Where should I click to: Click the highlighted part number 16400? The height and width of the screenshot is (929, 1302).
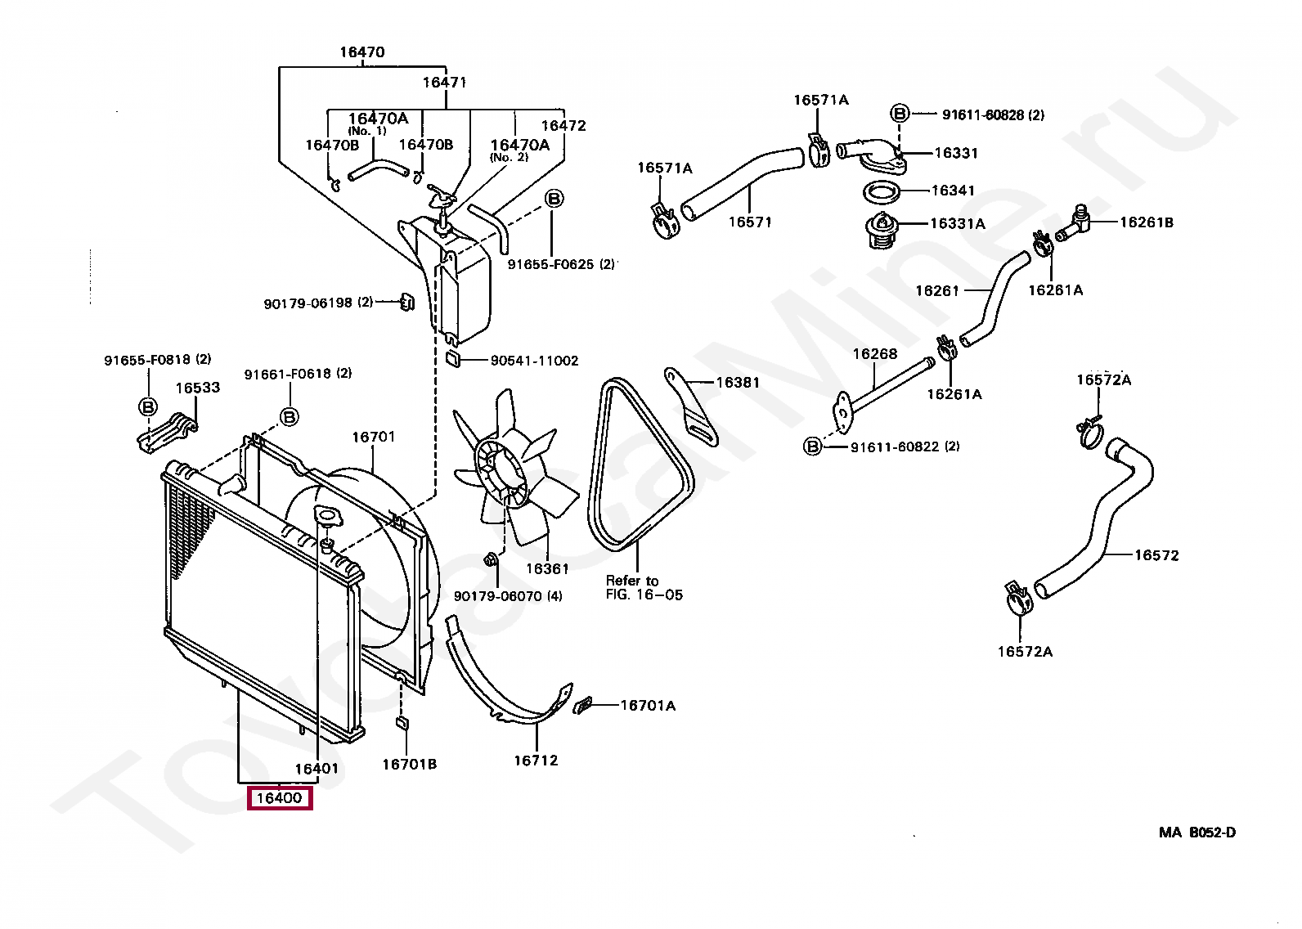(x=280, y=797)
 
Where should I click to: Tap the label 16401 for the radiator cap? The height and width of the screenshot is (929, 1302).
(x=317, y=769)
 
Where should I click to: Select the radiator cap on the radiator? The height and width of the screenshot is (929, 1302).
(x=328, y=516)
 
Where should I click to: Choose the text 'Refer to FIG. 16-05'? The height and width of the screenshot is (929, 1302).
(x=644, y=588)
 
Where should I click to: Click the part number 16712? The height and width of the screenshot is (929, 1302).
(x=536, y=761)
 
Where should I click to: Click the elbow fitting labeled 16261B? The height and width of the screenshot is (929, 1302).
(x=1073, y=222)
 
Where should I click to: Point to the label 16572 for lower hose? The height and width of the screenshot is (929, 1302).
(x=1156, y=555)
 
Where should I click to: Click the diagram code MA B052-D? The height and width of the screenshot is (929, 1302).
(x=1197, y=833)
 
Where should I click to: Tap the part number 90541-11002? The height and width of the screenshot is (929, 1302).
(x=534, y=361)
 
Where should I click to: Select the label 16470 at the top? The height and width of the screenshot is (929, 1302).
(x=362, y=52)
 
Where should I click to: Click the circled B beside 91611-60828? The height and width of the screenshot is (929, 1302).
(x=900, y=114)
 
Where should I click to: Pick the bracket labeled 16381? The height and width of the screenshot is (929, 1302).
(x=692, y=407)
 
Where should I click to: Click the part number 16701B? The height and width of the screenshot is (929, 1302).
(x=409, y=765)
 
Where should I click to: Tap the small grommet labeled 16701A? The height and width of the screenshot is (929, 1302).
(x=581, y=705)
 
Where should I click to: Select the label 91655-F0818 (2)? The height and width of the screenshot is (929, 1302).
(x=158, y=360)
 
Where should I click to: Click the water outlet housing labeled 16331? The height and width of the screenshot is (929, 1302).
(x=872, y=155)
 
